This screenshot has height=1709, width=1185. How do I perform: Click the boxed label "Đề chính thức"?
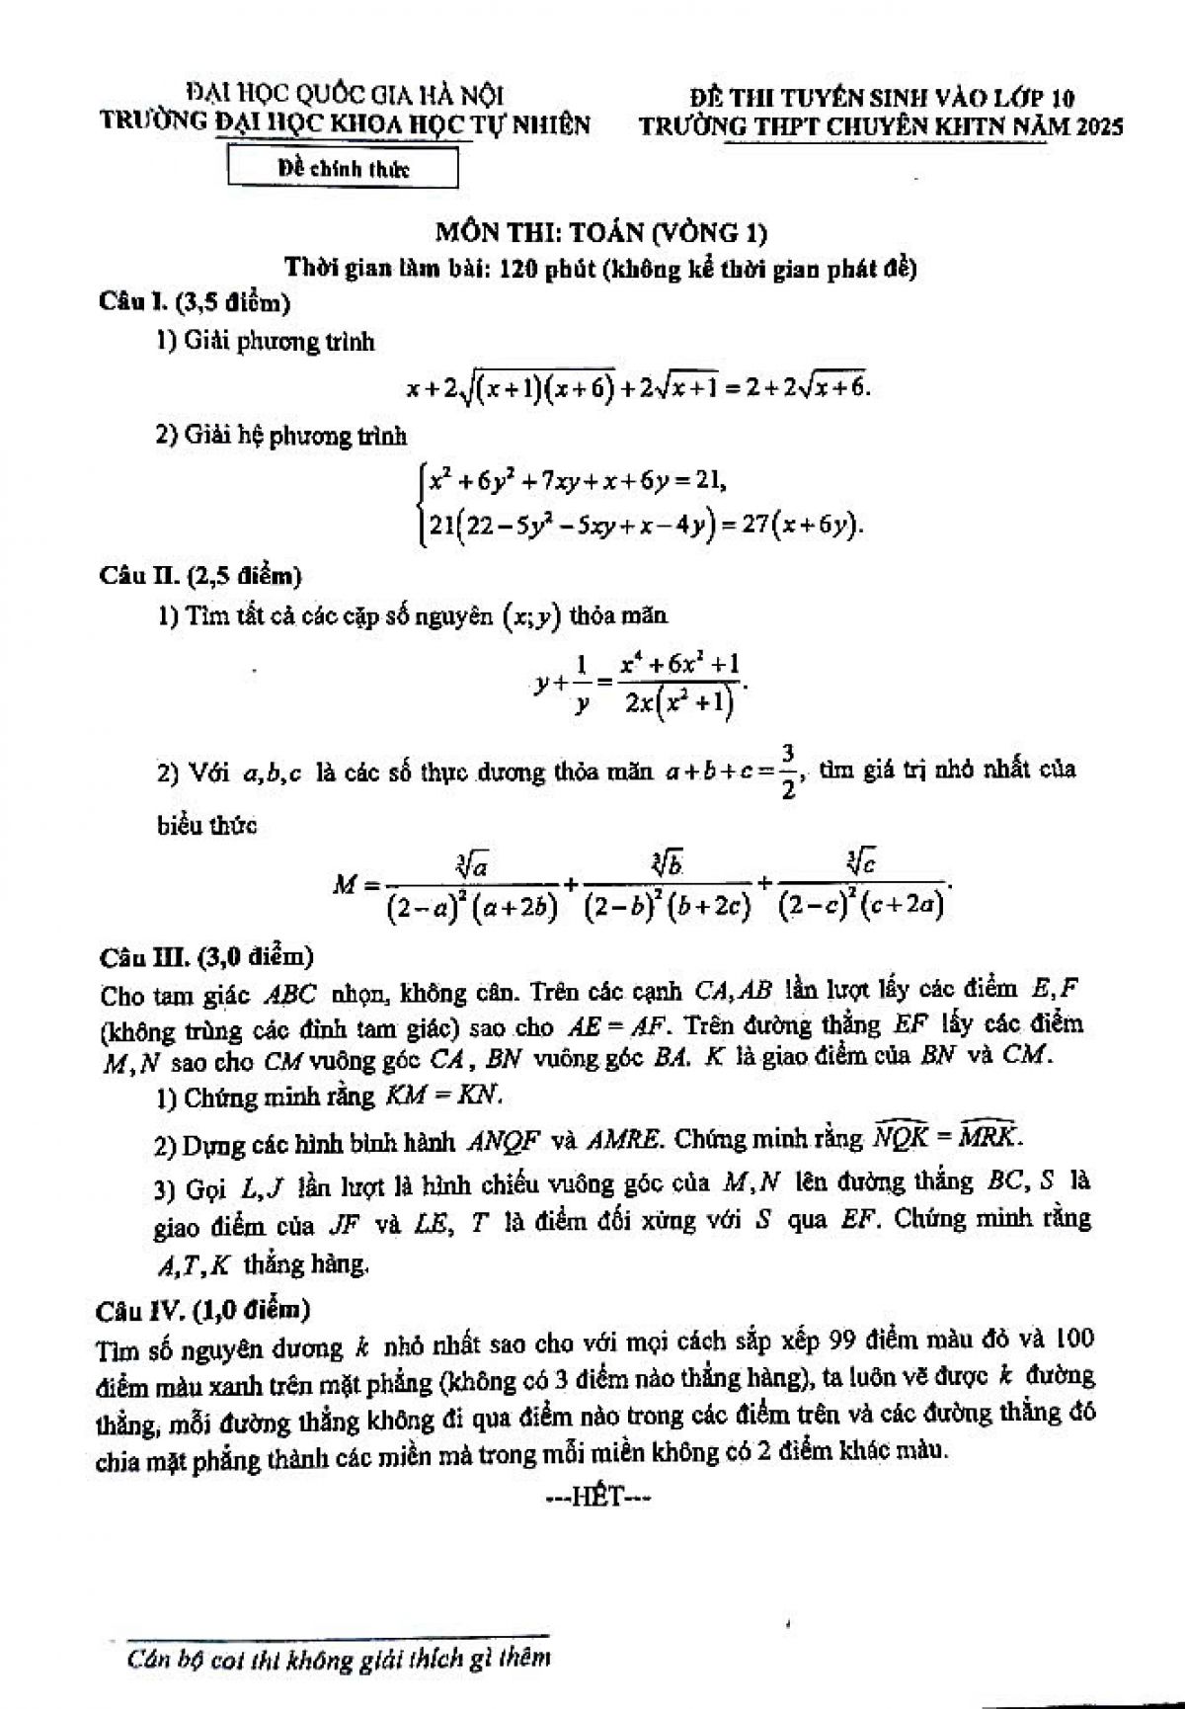(343, 169)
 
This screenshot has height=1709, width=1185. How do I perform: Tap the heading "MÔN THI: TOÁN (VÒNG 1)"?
(601, 233)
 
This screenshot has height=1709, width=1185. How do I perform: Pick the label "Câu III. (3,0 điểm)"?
(205, 956)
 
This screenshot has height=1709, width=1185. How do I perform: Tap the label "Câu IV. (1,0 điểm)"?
(202, 1310)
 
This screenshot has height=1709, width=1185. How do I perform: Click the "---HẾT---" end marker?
(598, 1497)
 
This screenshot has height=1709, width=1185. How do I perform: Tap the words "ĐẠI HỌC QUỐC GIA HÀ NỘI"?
(345, 96)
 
